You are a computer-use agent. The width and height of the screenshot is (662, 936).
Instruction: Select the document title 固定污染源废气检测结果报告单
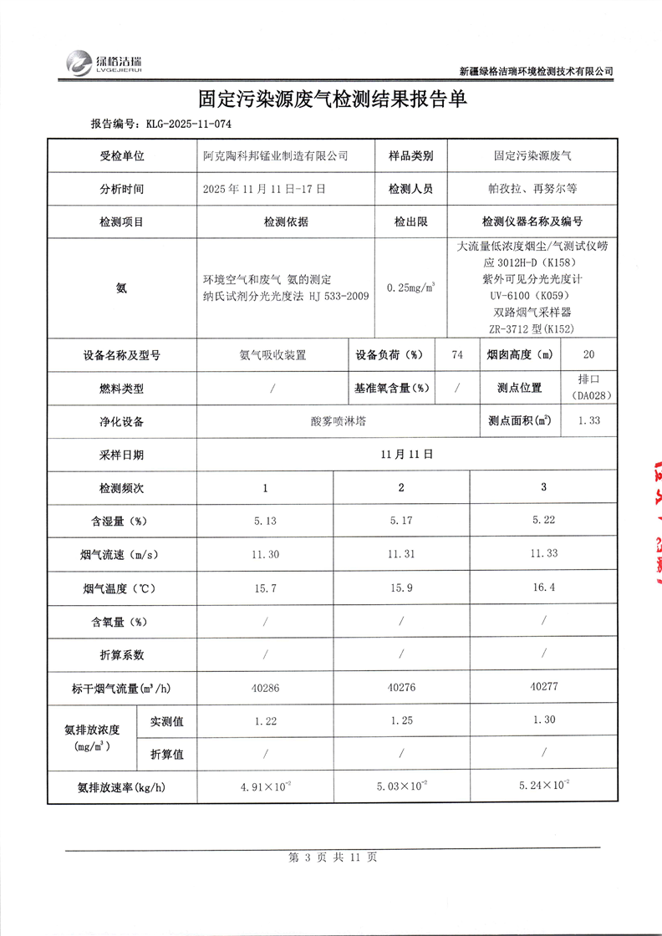[x=332, y=99]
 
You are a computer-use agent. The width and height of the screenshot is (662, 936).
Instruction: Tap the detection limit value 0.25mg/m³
[x=410, y=288]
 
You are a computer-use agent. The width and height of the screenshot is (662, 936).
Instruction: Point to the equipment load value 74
[x=456, y=354]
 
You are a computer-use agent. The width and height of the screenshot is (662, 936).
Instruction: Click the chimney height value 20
[x=588, y=354]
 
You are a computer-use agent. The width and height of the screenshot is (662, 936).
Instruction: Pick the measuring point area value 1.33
[x=588, y=420]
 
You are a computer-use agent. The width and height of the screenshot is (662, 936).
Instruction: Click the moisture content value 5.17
[x=401, y=521]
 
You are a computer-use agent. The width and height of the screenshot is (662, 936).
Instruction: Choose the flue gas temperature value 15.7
[x=265, y=588]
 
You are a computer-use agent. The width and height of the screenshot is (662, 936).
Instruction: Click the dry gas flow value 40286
[x=265, y=688]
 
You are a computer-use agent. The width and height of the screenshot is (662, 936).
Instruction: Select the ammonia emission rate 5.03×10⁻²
[x=401, y=786]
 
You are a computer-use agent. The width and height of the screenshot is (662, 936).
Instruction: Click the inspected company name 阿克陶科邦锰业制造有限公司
[x=276, y=155]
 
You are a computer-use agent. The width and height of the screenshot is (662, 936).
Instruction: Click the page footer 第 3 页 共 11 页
[x=332, y=857]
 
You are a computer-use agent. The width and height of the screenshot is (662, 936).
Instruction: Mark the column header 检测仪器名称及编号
[x=532, y=221]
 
